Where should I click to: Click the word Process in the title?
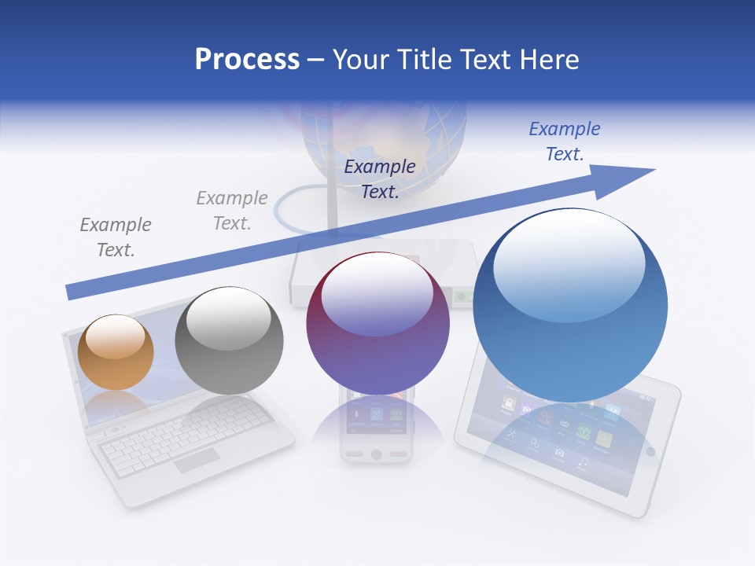(x=247, y=59)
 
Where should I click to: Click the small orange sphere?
(x=116, y=352)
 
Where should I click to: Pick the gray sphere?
(x=229, y=340)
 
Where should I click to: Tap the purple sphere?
(x=377, y=323)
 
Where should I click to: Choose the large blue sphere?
(x=570, y=306)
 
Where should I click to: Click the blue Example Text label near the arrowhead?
(x=564, y=141)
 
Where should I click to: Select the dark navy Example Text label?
(x=380, y=178)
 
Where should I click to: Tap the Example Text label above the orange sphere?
(x=116, y=237)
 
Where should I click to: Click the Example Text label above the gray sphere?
(x=232, y=210)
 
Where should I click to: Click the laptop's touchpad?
(x=197, y=461)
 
